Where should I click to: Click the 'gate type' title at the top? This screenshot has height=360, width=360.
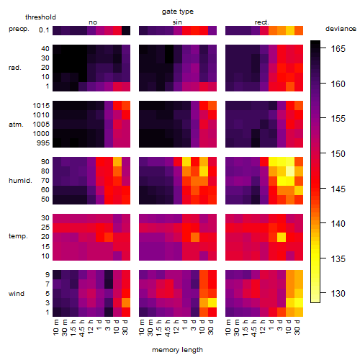178,12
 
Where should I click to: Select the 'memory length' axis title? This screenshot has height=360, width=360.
177,350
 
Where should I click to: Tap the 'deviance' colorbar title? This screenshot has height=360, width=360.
341,29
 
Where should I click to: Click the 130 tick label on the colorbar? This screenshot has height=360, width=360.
338,293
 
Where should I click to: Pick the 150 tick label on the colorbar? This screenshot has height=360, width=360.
338,153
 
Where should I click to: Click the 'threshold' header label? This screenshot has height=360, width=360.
40,17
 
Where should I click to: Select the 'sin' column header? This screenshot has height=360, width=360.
177,22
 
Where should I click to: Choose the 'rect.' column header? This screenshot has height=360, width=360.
261,22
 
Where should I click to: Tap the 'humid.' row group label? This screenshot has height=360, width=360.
20,181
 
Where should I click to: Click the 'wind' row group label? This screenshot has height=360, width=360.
17,294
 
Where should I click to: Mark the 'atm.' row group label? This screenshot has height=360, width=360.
16,125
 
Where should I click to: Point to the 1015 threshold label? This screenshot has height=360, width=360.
41,106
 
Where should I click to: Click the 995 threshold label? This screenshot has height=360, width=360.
43,143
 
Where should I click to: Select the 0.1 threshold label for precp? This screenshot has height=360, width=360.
44,30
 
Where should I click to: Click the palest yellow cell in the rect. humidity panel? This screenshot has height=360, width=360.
290,171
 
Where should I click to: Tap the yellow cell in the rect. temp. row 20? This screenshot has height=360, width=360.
282,237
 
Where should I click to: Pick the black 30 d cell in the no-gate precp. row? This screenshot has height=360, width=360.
126,30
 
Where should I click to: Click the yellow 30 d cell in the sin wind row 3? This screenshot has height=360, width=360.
212,302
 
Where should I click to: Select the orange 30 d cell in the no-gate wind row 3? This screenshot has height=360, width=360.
126,302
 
